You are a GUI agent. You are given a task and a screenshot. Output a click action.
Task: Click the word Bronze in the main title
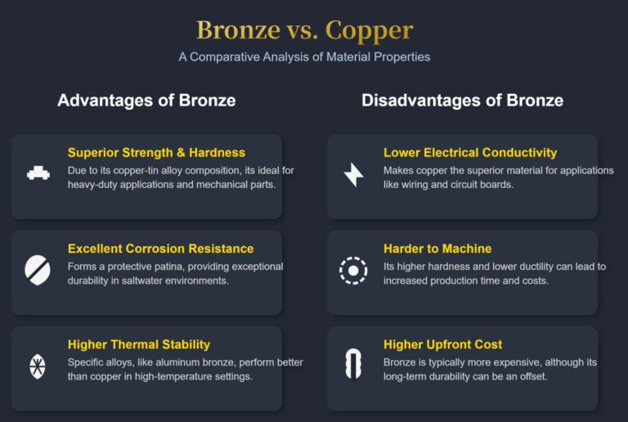tap(238, 29)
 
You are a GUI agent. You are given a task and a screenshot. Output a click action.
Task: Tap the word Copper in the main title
tap(369, 29)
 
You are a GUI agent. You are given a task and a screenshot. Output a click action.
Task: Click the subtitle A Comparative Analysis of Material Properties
tap(304, 56)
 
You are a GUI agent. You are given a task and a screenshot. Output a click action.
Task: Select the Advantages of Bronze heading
tap(146, 101)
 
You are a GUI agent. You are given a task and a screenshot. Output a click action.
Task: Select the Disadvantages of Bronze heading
tap(462, 101)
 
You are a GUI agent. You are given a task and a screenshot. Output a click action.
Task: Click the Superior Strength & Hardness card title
tap(156, 152)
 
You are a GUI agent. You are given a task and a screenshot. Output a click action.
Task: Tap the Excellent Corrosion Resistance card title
tap(160, 249)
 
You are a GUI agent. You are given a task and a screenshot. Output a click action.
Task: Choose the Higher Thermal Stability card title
tap(139, 344)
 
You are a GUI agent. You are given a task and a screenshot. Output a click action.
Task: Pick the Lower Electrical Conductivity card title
tap(470, 152)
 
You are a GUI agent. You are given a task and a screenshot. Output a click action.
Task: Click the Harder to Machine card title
tap(437, 249)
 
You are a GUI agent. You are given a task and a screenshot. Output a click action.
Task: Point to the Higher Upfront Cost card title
tap(442, 344)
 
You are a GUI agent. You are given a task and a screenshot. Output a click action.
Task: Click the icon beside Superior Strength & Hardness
tap(38, 173)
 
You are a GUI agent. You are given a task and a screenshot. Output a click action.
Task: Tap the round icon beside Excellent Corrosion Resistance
tap(38, 268)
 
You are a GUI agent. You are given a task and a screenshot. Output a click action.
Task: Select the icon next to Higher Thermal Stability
tap(38, 365)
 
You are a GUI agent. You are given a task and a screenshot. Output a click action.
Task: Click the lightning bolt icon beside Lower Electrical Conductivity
tap(353, 173)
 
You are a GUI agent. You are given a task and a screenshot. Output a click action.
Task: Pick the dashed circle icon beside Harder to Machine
tap(353, 269)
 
